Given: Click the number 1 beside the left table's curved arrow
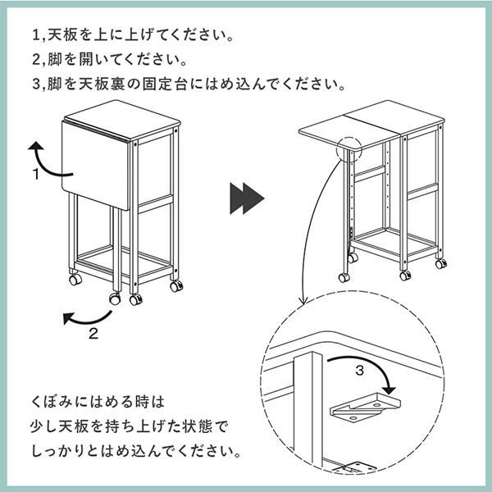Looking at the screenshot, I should (37, 174).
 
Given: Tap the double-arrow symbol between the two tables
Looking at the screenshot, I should (245, 198).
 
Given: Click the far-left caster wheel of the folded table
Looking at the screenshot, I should (75, 280).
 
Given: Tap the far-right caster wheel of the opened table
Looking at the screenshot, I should (440, 264).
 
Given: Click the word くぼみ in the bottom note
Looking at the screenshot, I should (48, 403).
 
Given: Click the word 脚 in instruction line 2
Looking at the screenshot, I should (54, 61).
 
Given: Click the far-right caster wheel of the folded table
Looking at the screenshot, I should (175, 286).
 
